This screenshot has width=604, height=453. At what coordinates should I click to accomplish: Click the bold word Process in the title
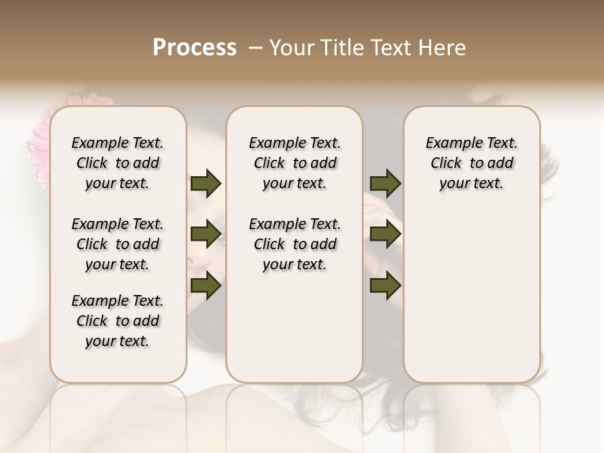pyautogui.click(x=194, y=48)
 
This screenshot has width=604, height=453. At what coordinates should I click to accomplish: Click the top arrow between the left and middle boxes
pyautogui.click(x=206, y=183)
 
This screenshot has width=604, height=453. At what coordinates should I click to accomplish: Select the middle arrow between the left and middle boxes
pyautogui.click(x=206, y=234)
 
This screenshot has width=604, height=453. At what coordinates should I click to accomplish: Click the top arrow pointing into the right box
pyautogui.click(x=386, y=183)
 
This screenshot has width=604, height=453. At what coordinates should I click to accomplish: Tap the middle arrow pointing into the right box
pyautogui.click(x=386, y=234)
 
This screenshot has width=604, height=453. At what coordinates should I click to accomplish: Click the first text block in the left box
pyautogui.click(x=118, y=163)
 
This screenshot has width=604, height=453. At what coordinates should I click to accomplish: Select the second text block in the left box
pyautogui.click(x=118, y=244)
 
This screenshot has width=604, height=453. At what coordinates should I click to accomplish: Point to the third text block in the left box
pyautogui.click(x=118, y=321)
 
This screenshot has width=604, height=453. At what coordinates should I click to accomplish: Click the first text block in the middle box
pyautogui.click(x=294, y=163)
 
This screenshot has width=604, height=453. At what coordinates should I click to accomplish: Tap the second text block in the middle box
pyautogui.click(x=294, y=244)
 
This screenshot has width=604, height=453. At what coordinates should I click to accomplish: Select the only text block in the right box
pyautogui.click(x=471, y=163)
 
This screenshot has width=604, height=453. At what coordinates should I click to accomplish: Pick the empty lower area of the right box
pyautogui.click(x=471, y=289)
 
